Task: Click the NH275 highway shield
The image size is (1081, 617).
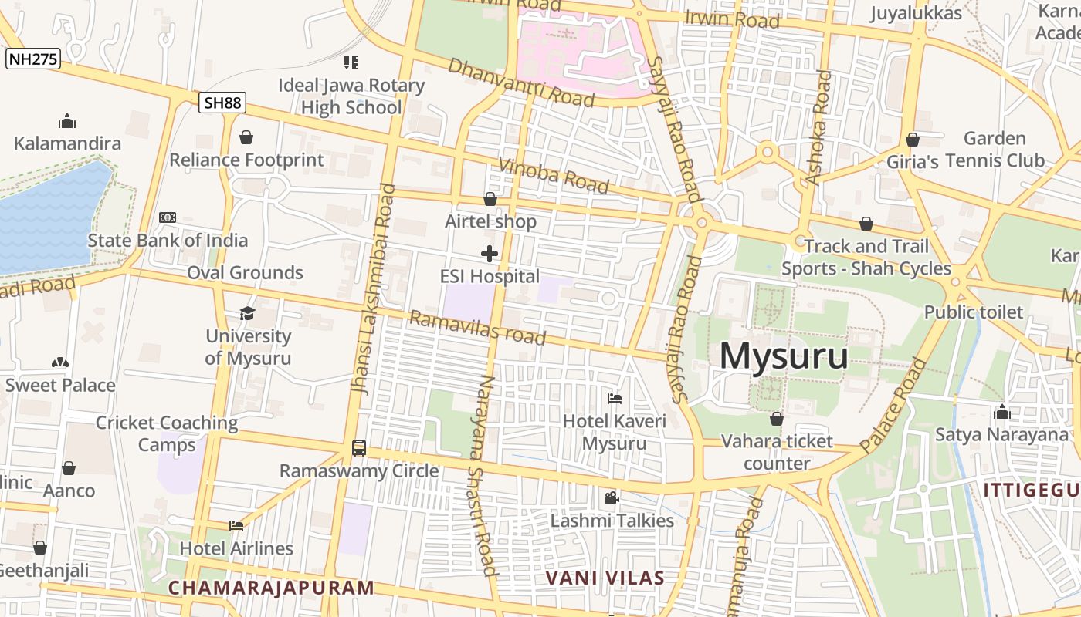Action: coord(33,59)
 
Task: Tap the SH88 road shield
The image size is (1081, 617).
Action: coord(222,103)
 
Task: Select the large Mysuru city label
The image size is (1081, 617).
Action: coord(784,356)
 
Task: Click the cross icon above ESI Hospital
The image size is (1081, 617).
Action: coord(490,253)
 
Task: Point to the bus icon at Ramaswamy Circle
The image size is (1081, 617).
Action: coord(359,447)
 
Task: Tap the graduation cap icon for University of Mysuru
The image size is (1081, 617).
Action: coord(247,312)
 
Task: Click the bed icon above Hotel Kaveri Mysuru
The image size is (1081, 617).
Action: coord(615,398)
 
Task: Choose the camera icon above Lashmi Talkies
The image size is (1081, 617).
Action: coord(612,497)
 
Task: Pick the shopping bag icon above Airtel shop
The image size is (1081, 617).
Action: coord(490,199)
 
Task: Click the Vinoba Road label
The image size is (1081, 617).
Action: coord(554,175)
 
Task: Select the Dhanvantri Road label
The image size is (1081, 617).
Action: coord(520,82)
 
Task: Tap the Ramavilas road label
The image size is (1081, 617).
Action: coord(477,328)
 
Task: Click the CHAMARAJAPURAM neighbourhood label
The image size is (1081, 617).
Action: coord(271,588)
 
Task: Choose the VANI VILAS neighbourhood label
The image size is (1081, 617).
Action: coord(605,578)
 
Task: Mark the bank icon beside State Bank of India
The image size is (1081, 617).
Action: coord(168,217)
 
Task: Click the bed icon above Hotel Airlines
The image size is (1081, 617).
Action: coord(236,525)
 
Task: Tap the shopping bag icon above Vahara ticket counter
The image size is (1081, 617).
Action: coord(777,419)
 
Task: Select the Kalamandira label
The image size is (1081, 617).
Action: coord(68,143)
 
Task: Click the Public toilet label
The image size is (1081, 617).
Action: coord(974,312)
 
